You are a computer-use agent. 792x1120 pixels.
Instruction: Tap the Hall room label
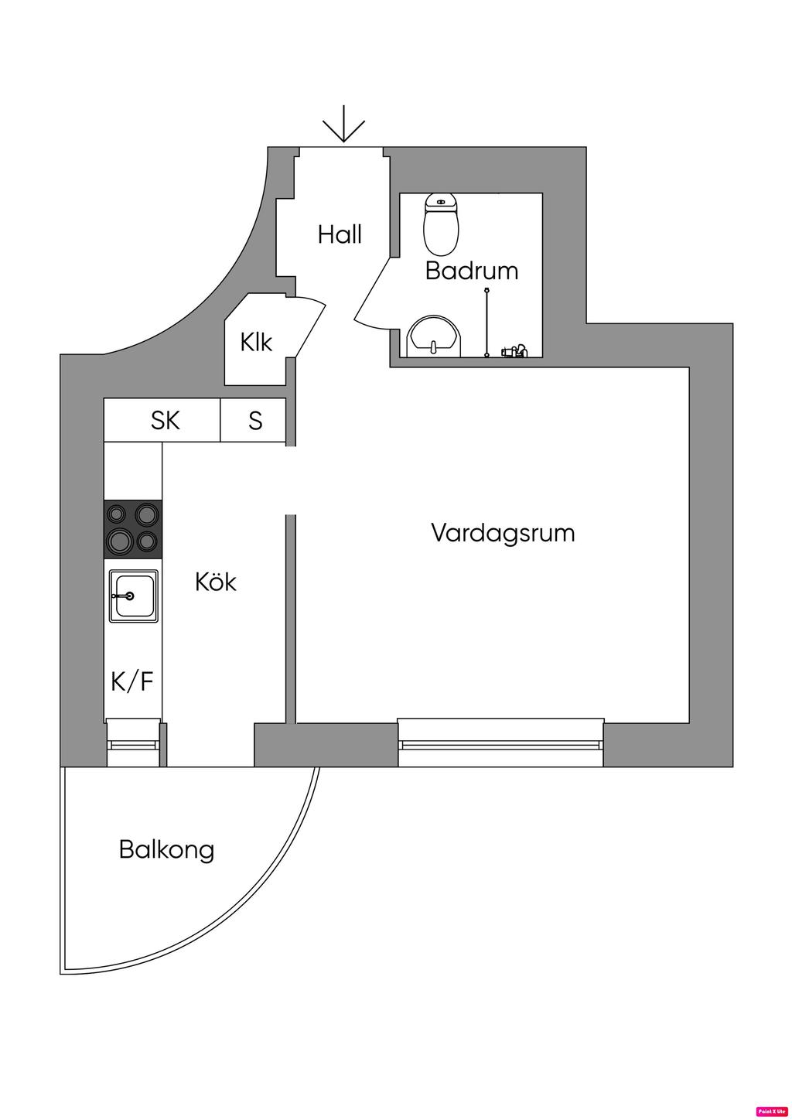[x=340, y=234]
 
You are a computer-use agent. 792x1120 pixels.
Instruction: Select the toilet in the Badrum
[x=442, y=224]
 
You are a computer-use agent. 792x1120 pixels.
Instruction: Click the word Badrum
[x=471, y=271]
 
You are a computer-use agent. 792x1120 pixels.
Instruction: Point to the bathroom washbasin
[x=434, y=337]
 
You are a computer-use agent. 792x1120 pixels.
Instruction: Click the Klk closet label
[x=256, y=341]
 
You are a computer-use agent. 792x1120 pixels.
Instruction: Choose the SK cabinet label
[x=166, y=420]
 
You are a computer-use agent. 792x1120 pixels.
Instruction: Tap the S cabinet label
[x=255, y=420]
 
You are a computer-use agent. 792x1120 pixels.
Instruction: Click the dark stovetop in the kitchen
[x=133, y=529]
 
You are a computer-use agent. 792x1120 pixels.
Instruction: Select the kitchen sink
[x=134, y=596]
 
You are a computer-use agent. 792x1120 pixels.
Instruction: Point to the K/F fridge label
[x=132, y=681]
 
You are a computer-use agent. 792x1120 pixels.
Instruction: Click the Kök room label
[x=216, y=582]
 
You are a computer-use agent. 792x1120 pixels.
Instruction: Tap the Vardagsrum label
[x=503, y=533]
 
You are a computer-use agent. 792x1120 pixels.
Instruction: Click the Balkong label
[x=166, y=849]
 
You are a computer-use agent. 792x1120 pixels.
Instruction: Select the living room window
[x=500, y=744]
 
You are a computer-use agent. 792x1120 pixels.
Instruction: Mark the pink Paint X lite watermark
[x=771, y=1111]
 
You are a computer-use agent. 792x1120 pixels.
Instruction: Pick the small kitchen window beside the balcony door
[x=133, y=744]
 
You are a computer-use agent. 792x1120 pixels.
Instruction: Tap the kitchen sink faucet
[x=124, y=596]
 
